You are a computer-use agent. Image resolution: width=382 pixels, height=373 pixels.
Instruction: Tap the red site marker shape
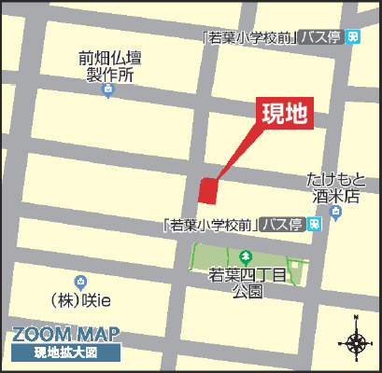[207, 190]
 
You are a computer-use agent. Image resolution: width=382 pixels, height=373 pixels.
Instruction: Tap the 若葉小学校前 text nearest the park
[209, 225]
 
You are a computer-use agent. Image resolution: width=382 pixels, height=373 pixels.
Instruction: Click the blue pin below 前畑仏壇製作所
[107, 90]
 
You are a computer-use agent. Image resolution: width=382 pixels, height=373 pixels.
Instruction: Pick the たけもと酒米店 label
[333, 187]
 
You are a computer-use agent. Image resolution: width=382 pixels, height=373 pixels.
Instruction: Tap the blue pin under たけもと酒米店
[335, 214]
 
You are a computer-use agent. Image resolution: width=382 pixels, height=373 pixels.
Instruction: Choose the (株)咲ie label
[81, 301]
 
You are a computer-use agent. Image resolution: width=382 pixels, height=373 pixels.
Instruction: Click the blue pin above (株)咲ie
[80, 281]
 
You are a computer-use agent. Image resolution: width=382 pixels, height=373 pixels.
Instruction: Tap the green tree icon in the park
[245, 255]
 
